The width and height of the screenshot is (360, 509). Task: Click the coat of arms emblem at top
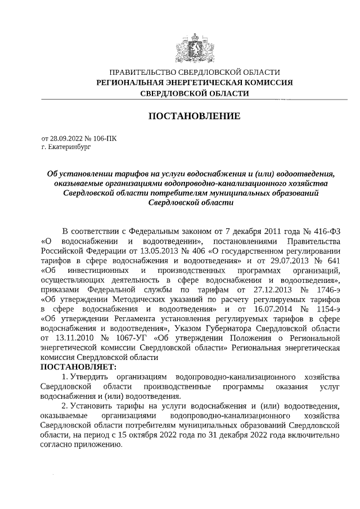pos(194,43)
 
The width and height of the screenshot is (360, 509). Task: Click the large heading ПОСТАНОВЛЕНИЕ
pos(194,116)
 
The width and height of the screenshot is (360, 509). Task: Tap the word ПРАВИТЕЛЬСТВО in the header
pos(142,73)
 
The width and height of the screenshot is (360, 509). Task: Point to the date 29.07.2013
pos(286,262)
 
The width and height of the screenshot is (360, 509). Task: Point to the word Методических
pos(145,300)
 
